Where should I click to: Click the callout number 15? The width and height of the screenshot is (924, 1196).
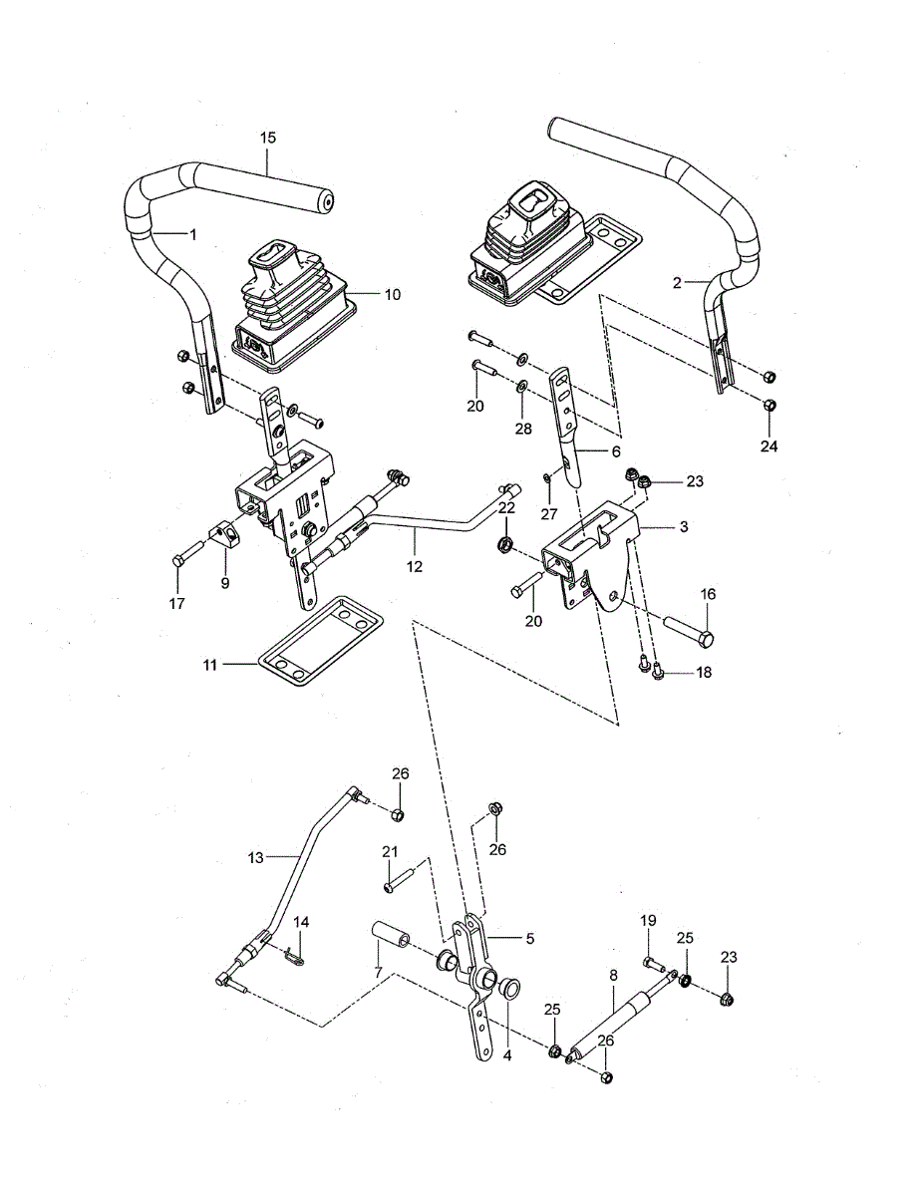268,138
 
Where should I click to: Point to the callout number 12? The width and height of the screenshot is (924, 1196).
415,566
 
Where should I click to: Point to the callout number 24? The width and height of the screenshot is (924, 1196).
769,446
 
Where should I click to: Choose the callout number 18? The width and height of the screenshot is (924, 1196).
704,673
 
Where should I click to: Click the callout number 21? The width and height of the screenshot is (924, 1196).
390,851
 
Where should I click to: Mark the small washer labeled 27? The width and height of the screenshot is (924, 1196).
548,481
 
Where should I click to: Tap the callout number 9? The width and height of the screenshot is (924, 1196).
225,583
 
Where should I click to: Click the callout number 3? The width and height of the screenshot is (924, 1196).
683,525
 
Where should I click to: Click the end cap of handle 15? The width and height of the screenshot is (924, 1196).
321,200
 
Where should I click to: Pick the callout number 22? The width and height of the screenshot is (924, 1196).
506,508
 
